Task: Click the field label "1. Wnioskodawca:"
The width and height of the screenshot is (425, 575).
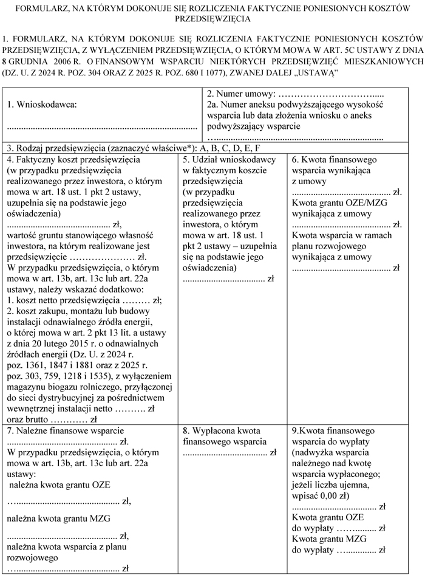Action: [42, 105]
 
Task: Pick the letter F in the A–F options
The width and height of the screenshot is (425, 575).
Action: [257, 148]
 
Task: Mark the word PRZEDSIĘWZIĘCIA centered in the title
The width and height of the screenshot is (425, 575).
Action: [212, 19]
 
